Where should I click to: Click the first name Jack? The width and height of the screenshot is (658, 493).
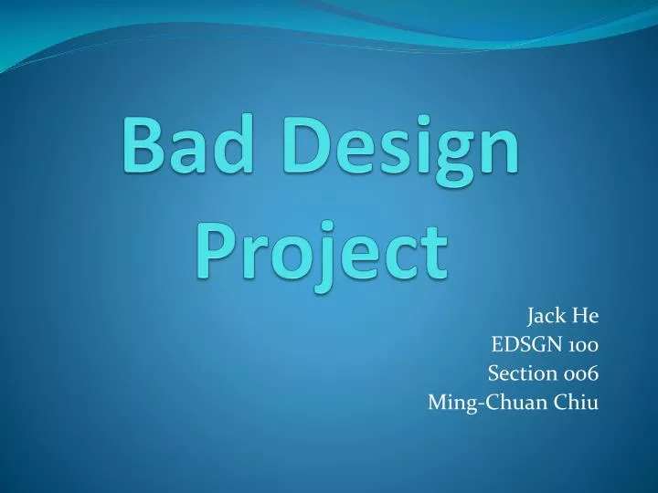[545, 318]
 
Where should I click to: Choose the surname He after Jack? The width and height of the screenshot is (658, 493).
[586, 318]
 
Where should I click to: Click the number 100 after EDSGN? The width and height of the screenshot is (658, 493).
[582, 345]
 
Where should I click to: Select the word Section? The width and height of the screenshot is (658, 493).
[519, 372]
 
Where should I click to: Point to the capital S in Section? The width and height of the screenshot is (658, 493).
[493, 372]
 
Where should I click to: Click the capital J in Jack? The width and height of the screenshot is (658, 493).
[530, 318]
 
